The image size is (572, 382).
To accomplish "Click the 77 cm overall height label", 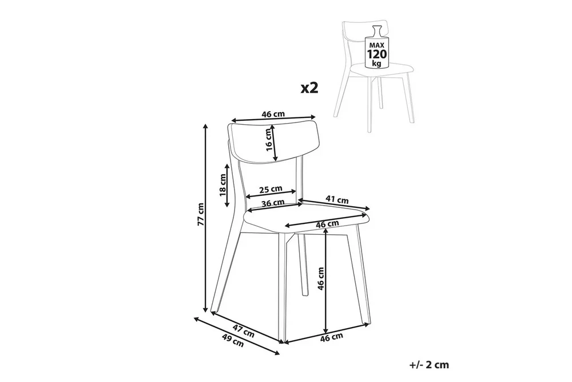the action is [x=201, y=219].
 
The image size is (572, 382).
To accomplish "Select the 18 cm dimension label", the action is [x=223, y=185].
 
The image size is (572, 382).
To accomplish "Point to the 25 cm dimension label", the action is [x=271, y=189].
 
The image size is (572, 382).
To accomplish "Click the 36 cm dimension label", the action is [x=273, y=203].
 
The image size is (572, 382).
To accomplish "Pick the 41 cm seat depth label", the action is [x=337, y=199].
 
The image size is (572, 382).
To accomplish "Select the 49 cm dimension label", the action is [x=233, y=340].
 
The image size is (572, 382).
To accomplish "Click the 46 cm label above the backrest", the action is [x=273, y=114].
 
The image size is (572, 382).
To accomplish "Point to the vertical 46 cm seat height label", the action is [x=320, y=278].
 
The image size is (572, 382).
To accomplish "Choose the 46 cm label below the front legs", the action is [x=332, y=336].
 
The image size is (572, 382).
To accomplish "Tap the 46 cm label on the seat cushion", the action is [x=327, y=224].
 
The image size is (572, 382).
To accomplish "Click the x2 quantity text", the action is [x=309, y=88].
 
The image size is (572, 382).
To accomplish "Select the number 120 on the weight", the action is [x=377, y=54].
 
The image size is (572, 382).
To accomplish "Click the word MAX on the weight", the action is [x=377, y=44].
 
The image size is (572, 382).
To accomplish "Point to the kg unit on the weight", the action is [x=377, y=63].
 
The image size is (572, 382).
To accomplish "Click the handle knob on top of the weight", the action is [x=377, y=30].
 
